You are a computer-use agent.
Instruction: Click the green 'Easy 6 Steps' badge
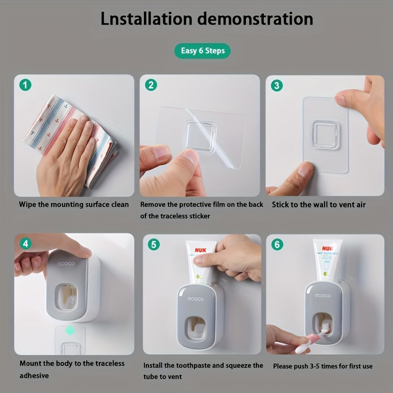click(x=202, y=51)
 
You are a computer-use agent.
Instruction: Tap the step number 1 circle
click(x=26, y=85)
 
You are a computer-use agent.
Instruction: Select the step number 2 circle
click(x=151, y=85)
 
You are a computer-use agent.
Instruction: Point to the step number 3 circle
click(x=278, y=85)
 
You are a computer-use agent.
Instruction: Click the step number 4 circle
click(x=26, y=244)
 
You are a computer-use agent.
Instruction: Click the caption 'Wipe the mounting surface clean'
click(x=74, y=204)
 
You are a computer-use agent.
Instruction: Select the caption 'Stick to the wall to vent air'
click(x=319, y=204)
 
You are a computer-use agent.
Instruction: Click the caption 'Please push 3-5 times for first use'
click(x=323, y=365)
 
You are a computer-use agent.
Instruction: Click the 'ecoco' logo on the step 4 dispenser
click(x=67, y=264)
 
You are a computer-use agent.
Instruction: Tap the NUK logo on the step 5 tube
click(x=200, y=250)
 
